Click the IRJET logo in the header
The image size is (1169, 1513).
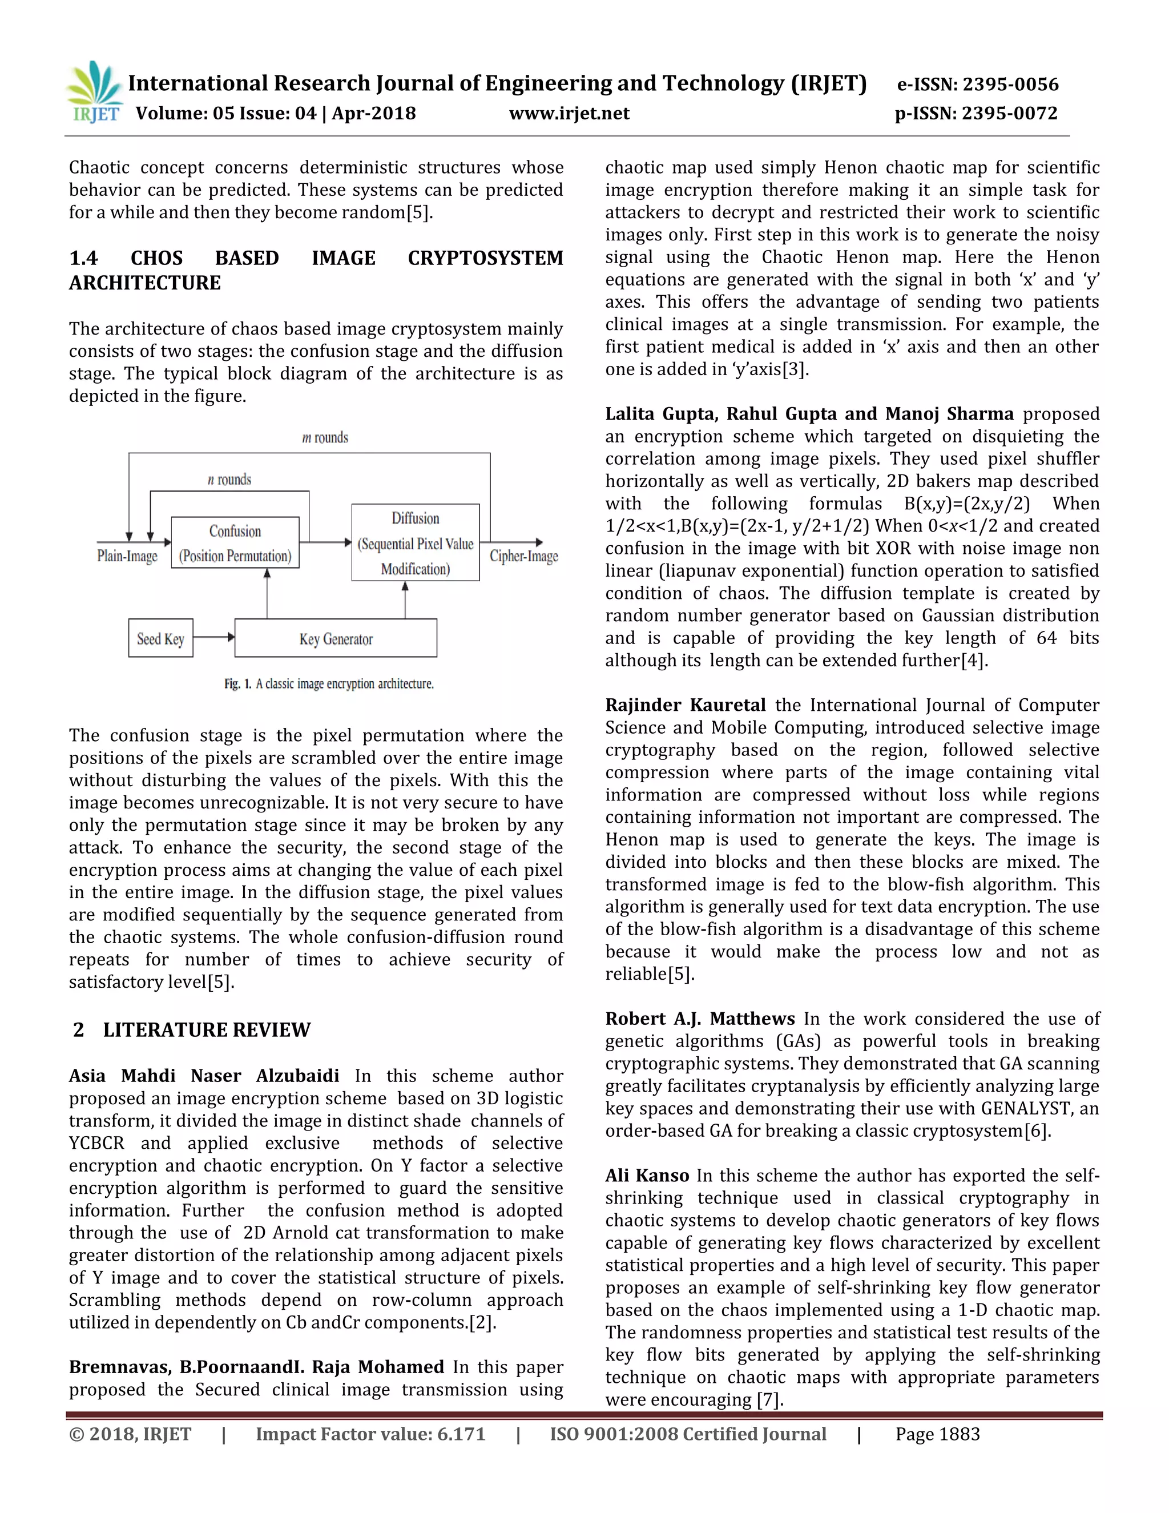coord(94,92)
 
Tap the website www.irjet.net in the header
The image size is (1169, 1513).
coord(569,114)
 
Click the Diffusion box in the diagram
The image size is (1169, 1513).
coord(415,542)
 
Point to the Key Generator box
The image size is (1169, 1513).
coord(336,638)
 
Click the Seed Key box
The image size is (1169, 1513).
coord(160,638)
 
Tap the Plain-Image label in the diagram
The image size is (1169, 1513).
coord(127,556)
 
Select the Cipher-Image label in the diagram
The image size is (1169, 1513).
coord(523,556)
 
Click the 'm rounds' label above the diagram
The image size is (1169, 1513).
coord(325,438)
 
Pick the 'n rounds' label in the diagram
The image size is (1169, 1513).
coord(229,480)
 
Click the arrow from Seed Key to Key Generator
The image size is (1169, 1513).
coord(214,637)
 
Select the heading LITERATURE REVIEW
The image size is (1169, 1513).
coord(207,1030)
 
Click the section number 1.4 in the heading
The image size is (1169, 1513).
coord(83,259)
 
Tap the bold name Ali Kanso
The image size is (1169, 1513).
coord(647,1176)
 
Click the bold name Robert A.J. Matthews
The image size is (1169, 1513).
coord(699,1019)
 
